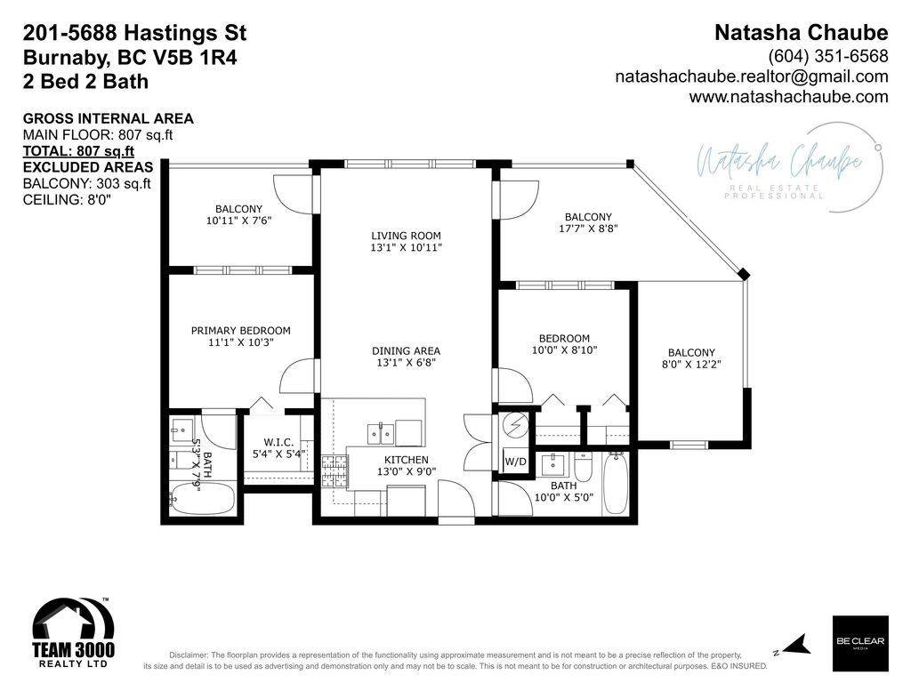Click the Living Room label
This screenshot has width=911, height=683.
(406, 236)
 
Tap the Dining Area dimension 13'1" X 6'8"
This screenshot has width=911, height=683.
(406, 363)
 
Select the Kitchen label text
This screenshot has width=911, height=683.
(406, 460)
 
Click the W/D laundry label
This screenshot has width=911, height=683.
(514, 462)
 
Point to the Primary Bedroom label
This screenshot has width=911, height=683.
(240, 331)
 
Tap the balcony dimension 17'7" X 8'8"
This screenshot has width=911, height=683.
(588, 229)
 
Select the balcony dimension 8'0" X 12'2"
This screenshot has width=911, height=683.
(691, 365)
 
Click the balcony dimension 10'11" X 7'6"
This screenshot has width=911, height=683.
(238, 221)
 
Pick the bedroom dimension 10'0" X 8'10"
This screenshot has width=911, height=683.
(564, 350)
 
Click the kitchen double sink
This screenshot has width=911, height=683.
(382, 434)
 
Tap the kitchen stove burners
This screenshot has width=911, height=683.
(335, 471)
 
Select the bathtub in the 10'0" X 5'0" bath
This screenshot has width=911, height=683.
(615, 483)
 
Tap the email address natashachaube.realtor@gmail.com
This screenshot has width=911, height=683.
(752, 76)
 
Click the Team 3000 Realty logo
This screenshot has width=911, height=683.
(74, 634)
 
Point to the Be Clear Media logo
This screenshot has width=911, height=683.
(859, 638)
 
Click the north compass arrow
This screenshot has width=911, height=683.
(797, 644)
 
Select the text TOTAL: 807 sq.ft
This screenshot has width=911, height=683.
(77, 151)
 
